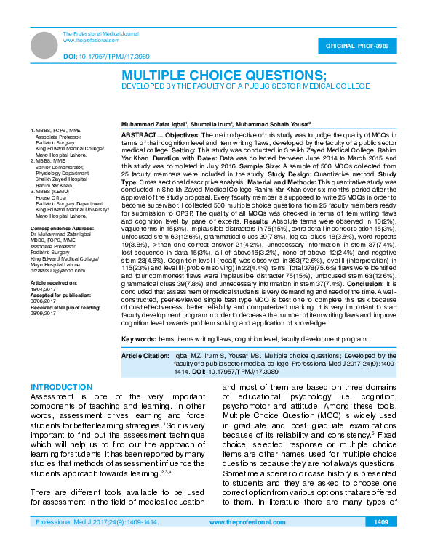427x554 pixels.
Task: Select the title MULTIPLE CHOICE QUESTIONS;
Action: click(223, 76)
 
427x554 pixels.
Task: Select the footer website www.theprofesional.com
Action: click(242, 522)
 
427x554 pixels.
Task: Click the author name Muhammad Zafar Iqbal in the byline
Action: click(153, 124)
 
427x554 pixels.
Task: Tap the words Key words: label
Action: click(137, 339)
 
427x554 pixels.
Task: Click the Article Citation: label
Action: click(145, 355)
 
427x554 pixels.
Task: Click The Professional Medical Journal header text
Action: click(101, 34)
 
